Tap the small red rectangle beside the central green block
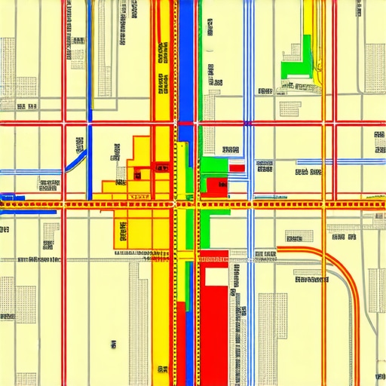tap(237, 168)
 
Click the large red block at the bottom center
tap(213, 324)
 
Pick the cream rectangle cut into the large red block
tap(216, 277)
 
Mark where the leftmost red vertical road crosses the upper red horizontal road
tap(64, 122)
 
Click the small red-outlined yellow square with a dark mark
tap(137, 174)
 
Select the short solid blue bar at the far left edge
tap(12, 198)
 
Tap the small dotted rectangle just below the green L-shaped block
tap(290, 108)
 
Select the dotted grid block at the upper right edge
tap(375, 68)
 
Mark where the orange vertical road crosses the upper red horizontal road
tap(324, 122)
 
